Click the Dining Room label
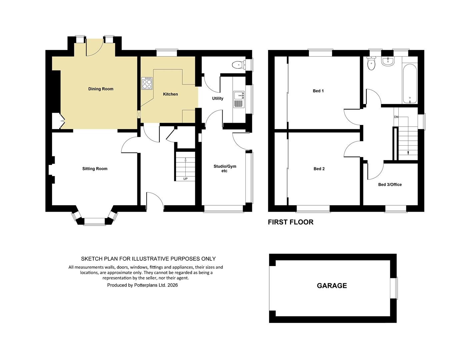[x=101, y=89]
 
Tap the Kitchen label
[x=170, y=94]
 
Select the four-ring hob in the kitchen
[x=147, y=83]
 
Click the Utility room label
[x=218, y=98]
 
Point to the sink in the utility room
[x=239, y=99]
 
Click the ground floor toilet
[x=239, y=64]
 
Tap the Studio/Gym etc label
[x=225, y=168]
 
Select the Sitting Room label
[x=95, y=169]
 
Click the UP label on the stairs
[x=185, y=179]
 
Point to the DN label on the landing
[x=396, y=117]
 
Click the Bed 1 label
[x=318, y=91]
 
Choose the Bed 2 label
[x=319, y=169]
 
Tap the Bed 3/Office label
[x=390, y=184]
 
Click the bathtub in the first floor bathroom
[x=409, y=84]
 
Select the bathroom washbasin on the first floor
[x=388, y=61]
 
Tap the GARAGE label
[x=332, y=286]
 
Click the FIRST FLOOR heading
[x=291, y=222]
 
